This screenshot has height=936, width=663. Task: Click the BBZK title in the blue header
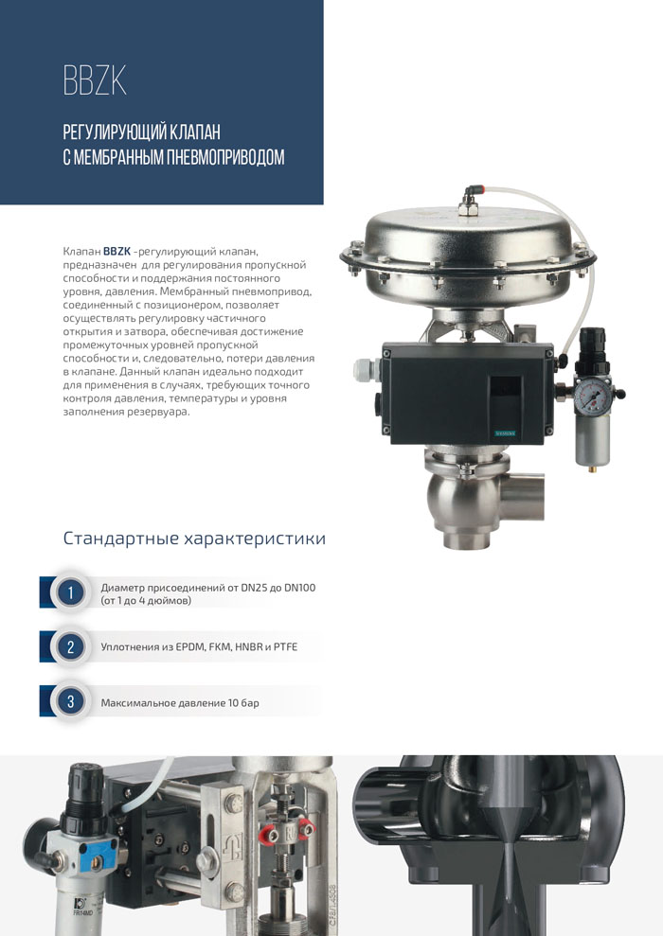pos(95,80)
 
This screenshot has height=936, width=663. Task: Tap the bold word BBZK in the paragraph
pos(117,252)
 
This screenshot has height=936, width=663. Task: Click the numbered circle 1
pos(70,592)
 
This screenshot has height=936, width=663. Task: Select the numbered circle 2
pos(70,647)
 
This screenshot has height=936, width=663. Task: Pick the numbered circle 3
pos(70,700)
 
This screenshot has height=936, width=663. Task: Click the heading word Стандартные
pos(121,539)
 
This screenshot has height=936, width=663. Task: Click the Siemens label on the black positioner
pos(509,432)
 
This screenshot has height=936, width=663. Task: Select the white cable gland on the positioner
pos(367,370)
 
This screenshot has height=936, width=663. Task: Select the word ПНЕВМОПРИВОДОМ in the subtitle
pos(225,158)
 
